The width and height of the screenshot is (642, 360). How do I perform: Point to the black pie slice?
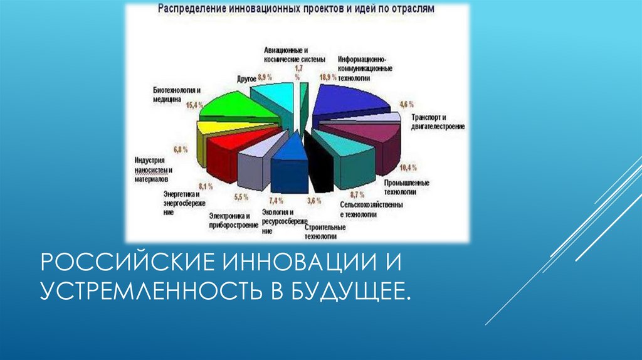point(320,169)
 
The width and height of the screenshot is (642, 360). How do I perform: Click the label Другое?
point(245,78)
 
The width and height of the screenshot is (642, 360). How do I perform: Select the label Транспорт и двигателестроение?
point(437,122)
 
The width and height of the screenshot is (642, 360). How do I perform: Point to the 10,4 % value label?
point(408,167)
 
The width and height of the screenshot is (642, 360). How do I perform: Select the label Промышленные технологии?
point(406,187)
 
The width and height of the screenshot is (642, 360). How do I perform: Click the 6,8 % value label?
point(181,149)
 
